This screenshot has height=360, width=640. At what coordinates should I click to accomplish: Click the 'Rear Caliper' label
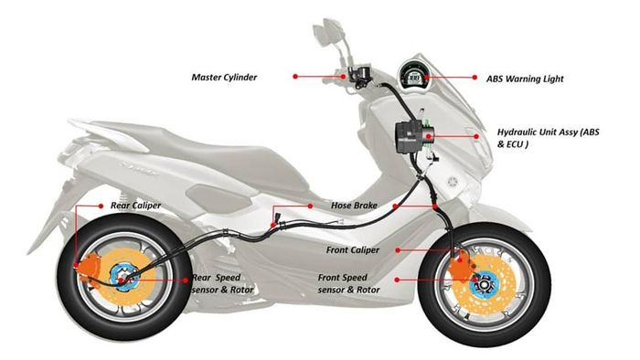[135, 206]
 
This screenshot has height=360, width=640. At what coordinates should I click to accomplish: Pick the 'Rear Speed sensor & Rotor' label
[224, 282]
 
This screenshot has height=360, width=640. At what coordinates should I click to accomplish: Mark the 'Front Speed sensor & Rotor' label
[350, 282]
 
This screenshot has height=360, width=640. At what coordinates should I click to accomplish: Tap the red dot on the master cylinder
[344, 77]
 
